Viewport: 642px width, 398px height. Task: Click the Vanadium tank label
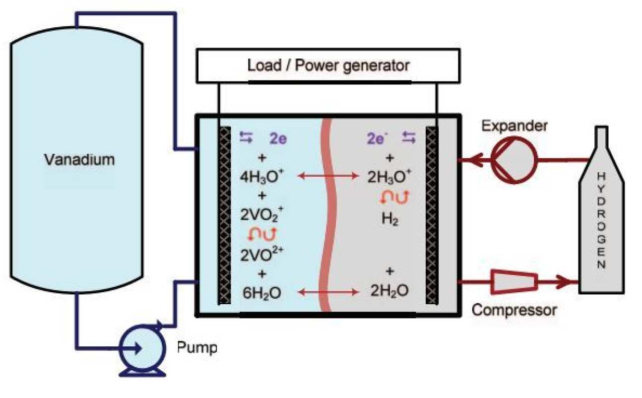coord(79,160)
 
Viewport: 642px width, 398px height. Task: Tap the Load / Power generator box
coord(328,65)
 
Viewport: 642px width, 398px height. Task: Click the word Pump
coord(197,347)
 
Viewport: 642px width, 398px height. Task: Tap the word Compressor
coord(514,311)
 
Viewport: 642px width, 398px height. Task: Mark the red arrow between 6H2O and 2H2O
coord(327,292)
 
